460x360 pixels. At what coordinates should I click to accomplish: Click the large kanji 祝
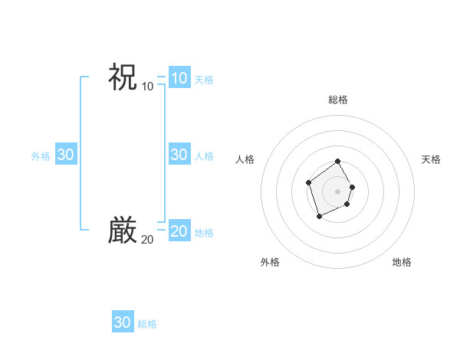[x=123, y=77]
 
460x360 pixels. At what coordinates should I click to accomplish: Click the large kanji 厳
[x=123, y=231]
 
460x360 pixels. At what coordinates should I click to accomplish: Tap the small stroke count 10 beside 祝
[x=147, y=86]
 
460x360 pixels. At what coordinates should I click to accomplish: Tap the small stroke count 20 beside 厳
[x=147, y=240]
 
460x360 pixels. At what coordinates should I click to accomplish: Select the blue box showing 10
[x=179, y=78]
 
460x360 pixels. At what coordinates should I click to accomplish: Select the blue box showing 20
[x=179, y=231]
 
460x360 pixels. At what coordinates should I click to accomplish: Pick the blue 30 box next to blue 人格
[x=179, y=155]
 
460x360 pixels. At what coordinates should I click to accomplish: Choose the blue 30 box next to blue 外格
[x=65, y=155]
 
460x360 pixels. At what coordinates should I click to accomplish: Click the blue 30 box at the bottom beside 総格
[x=122, y=322]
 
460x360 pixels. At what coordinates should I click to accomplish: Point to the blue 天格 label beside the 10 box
[x=204, y=80]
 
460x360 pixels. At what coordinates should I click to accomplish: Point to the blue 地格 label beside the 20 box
[x=204, y=233]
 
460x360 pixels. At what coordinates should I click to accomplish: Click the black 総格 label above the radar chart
[x=338, y=100]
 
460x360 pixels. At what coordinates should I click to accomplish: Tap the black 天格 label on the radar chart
[x=432, y=159]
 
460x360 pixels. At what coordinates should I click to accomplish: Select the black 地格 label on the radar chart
[x=402, y=262]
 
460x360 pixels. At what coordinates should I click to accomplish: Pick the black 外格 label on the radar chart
[x=270, y=262]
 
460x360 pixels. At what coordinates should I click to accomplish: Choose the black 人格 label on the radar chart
[x=245, y=159]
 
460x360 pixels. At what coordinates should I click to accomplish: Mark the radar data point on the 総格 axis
[x=338, y=162]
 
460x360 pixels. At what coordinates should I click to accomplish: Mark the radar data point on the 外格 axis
[x=319, y=217]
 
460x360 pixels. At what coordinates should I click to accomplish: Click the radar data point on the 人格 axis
[x=308, y=182]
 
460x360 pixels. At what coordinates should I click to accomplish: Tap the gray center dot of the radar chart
[x=338, y=191]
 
